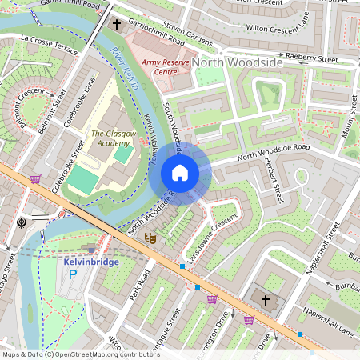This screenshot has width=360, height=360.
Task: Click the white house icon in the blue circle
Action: [x=180, y=173]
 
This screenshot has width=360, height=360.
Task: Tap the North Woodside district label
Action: [x=238, y=62]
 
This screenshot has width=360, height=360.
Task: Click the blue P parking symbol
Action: [x=73, y=274]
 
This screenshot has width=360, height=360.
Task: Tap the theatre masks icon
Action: [x=150, y=238]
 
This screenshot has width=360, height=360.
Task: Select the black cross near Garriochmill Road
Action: [x=116, y=25]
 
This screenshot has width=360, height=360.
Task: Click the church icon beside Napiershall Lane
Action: [x=265, y=301]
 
